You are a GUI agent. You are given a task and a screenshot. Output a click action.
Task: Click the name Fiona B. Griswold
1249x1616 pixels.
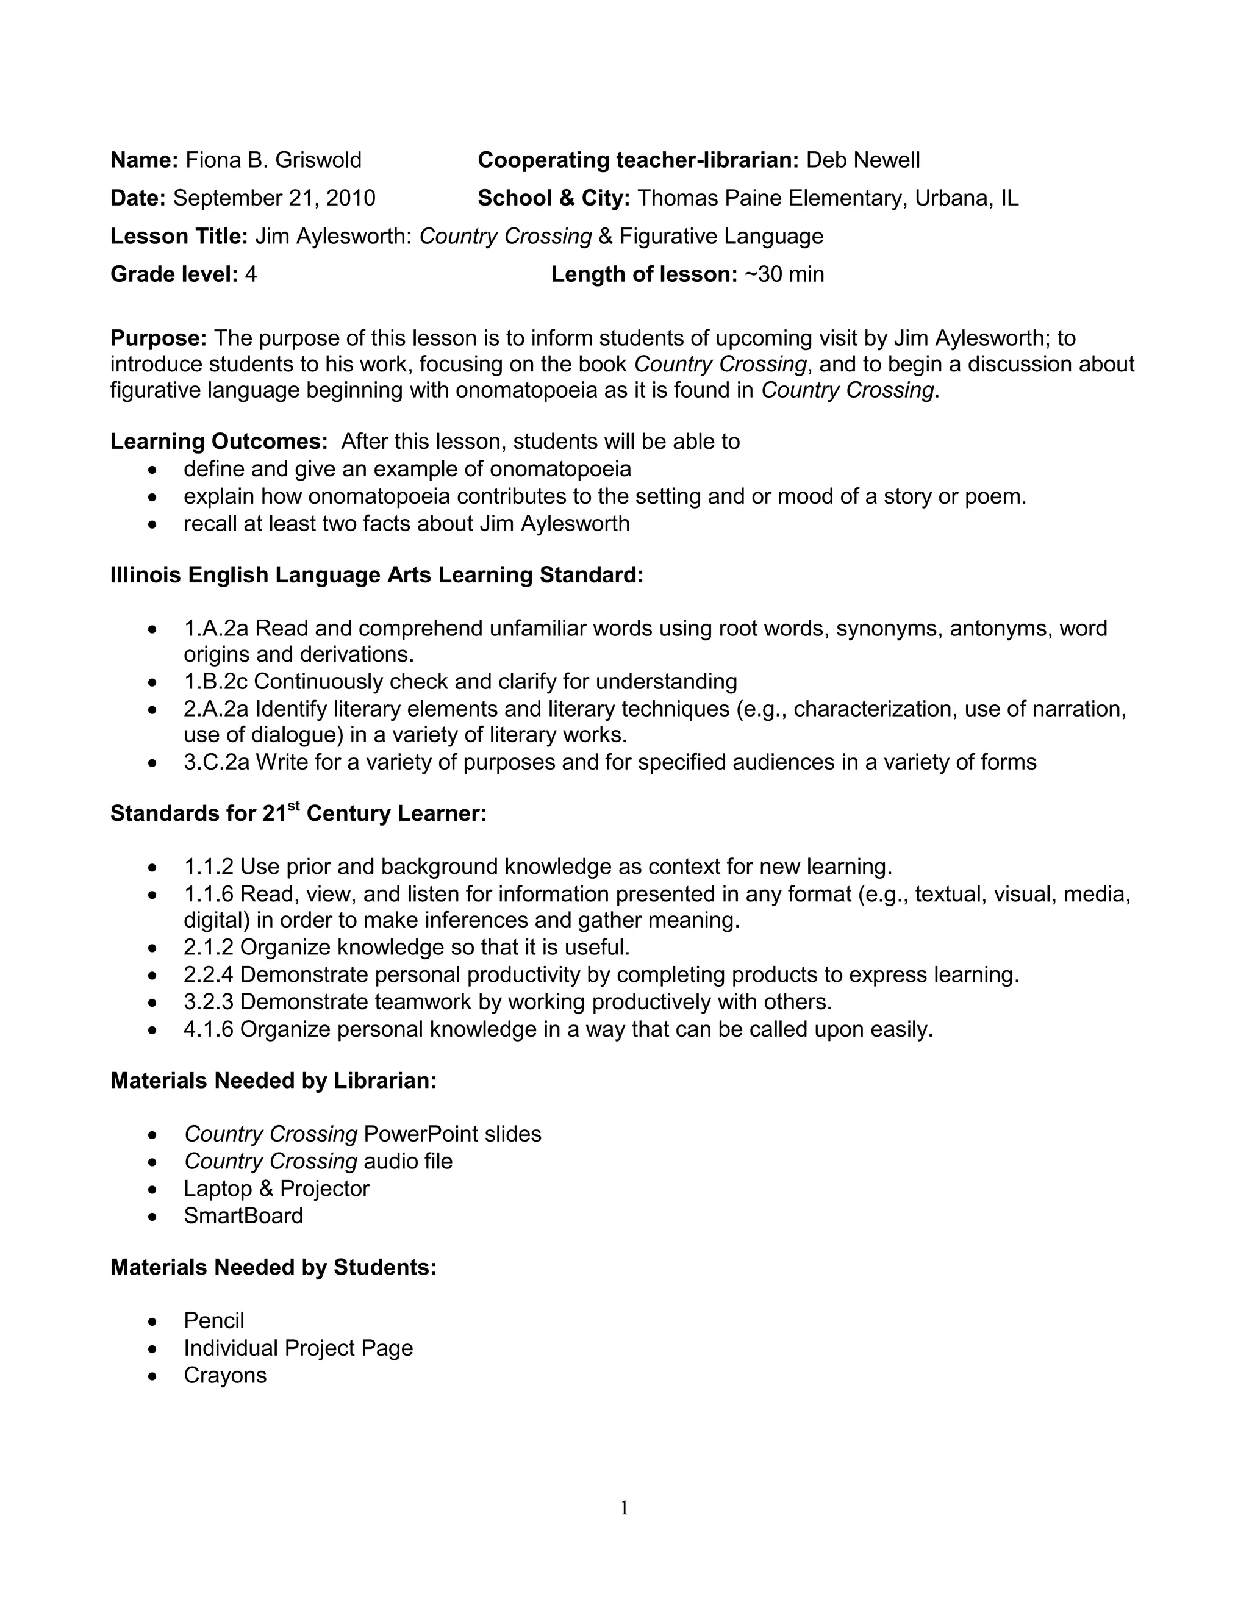(x=273, y=160)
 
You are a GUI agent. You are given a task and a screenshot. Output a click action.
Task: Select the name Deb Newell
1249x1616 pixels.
(x=863, y=160)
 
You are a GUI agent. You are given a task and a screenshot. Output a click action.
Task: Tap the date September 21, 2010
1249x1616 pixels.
(x=274, y=198)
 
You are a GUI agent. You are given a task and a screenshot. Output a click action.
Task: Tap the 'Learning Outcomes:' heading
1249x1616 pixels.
(x=219, y=441)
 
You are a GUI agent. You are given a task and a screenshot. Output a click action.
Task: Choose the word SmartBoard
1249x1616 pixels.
(x=243, y=1216)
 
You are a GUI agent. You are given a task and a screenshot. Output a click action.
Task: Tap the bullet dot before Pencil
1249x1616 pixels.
(x=152, y=1321)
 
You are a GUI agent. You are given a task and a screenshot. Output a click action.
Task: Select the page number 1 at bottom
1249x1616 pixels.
(x=624, y=1507)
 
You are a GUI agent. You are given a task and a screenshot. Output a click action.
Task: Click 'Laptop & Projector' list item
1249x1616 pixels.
(x=276, y=1189)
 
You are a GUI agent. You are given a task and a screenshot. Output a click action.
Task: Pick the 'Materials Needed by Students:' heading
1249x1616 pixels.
(x=273, y=1268)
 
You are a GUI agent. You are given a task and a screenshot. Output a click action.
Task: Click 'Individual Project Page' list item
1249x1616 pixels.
(x=298, y=1348)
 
